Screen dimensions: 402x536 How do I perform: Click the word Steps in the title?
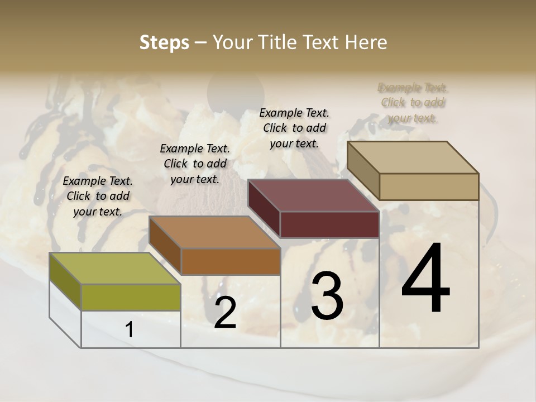[164, 42]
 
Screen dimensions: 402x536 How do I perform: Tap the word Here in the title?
[366, 42]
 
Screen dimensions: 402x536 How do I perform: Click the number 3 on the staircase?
[327, 296]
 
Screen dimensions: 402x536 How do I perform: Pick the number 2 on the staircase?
[225, 313]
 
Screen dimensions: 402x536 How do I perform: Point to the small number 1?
[130, 330]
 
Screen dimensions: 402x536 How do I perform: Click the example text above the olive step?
[98, 196]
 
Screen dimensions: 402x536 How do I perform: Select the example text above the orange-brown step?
[195, 164]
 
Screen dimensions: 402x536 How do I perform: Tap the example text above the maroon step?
[294, 128]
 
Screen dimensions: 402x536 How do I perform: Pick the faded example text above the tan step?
[413, 103]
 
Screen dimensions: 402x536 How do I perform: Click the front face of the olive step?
[131, 297]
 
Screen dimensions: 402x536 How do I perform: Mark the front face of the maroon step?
[329, 225]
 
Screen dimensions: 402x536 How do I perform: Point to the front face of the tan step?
[429, 186]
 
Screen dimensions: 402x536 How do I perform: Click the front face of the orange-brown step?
[231, 261]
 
